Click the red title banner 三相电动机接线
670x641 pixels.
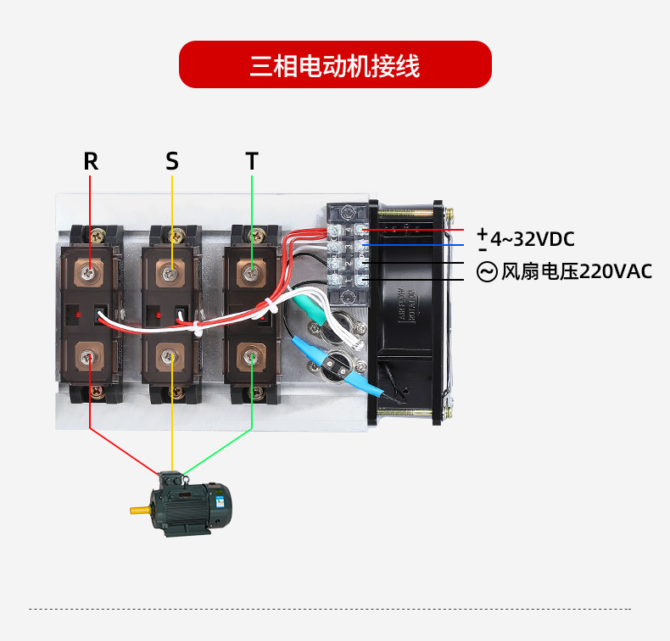click(335, 64)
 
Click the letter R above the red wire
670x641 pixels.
click(91, 161)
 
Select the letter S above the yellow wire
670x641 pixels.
click(172, 161)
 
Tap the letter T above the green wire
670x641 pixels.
click(252, 161)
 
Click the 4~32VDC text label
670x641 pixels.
click(532, 239)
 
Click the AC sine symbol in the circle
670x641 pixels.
click(487, 272)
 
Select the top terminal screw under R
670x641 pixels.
click(90, 272)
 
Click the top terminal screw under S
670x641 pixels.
click(172, 272)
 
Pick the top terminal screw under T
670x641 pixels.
click(252, 272)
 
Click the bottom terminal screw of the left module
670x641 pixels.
click(90, 359)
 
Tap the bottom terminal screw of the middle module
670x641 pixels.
click(172, 359)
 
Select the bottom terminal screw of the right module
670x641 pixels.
click(252, 359)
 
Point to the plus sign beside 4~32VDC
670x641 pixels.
click(483, 233)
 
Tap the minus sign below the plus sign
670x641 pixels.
click(483, 249)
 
